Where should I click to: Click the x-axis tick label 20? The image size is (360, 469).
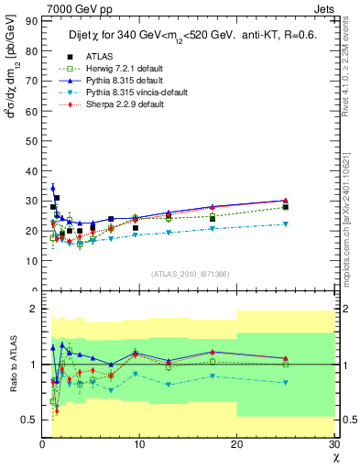(x=236, y=444)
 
